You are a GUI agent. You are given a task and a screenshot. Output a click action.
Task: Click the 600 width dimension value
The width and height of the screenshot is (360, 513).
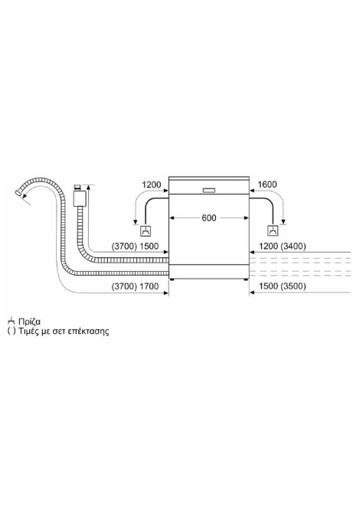pos(209,218)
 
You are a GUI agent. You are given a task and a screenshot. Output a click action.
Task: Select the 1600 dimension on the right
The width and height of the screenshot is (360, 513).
pos(267,185)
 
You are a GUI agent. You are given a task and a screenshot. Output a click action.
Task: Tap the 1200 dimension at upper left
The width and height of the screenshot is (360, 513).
pos(151,185)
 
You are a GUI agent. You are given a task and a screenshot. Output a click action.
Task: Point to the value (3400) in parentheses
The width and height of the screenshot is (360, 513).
pos(293,246)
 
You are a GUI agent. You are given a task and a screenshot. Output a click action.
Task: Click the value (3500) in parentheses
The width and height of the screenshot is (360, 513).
pos(293,286)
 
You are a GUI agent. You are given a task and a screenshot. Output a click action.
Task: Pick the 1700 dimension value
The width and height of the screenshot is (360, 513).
pos(149,286)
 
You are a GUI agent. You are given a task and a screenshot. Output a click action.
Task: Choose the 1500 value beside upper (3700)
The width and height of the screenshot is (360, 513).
pos(149,246)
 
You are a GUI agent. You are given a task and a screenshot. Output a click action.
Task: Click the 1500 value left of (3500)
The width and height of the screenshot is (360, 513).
pos(268,286)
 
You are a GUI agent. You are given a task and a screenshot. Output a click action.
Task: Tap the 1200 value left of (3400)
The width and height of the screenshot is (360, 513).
pos(268,246)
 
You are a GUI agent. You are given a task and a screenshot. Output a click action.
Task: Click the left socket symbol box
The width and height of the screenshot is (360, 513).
pos(146,231)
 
